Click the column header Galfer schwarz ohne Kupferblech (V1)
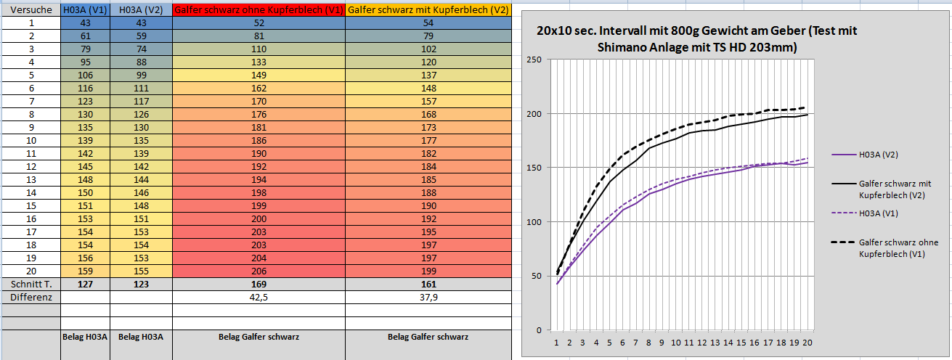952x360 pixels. (259, 10)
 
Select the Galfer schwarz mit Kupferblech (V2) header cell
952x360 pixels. (428, 10)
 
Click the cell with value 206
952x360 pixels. (259, 271)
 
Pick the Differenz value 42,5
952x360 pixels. (259, 297)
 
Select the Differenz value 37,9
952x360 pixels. (428, 297)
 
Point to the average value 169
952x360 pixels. (259, 284)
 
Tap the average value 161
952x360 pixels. (428, 284)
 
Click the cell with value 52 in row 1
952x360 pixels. (259, 23)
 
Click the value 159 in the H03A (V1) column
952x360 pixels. (85, 271)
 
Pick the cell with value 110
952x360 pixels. (259, 49)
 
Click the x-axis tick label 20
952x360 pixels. (807, 343)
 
